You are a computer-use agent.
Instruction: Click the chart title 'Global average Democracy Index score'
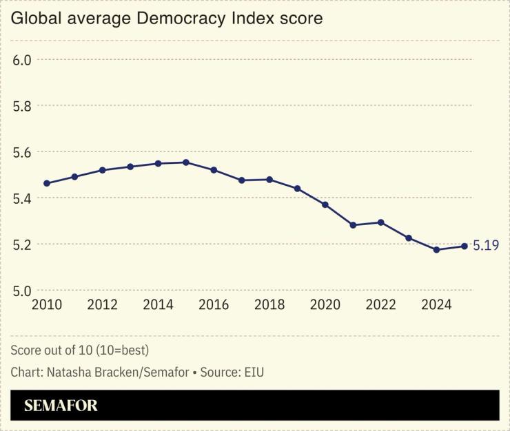pos(167,19)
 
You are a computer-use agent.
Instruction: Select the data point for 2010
pos(47,183)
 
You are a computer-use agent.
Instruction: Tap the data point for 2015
pos(186,162)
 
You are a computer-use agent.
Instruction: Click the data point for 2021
pos(353,225)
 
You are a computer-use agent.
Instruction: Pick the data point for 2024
pos(436,249)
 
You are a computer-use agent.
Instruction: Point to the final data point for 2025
pos(465,246)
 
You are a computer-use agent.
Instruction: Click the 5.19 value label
pos(485,246)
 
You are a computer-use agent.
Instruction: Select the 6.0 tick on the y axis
pos(23,60)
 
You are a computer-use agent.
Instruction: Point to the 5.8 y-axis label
pos(23,106)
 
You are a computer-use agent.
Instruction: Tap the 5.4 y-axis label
pos(23,198)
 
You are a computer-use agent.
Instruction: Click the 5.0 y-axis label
pos(23,291)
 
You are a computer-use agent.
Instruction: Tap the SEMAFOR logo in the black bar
pos(61,406)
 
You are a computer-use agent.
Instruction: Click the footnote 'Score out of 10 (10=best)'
pos(80,350)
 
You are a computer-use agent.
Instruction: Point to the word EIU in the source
pos(252,372)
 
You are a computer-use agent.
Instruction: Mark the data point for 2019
pos(297,188)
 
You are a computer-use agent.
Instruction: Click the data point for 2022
pos(380,222)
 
